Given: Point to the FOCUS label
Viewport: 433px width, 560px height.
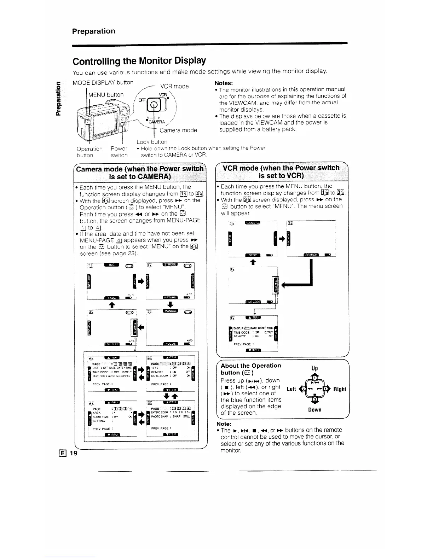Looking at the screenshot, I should [x=170, y=344].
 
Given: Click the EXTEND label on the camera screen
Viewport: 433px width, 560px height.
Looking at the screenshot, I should [x=89, y=281].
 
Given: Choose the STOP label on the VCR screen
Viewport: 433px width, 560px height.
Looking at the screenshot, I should [x=252, y=255].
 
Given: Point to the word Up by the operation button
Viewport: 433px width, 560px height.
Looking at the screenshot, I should [x=314, y=368].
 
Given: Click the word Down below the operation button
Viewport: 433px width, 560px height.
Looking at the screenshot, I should [x=314, y=410].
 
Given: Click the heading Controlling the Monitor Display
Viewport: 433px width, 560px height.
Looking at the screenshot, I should [x=139, y=61].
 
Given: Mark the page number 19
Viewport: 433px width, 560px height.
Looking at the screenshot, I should [x=73, y=454].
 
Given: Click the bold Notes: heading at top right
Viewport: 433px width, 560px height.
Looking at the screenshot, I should [x=224, y=83].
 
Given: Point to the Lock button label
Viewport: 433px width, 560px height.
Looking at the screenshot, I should [x=152, y=142].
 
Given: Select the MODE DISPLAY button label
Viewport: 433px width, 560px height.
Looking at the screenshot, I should [x=103, y=82].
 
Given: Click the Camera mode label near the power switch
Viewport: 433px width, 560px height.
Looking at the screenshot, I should [x=178, y=130].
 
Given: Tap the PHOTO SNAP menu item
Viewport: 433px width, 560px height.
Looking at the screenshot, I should [x=160, y=416].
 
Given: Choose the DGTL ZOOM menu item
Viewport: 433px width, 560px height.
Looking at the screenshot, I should [x=160, y=376].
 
